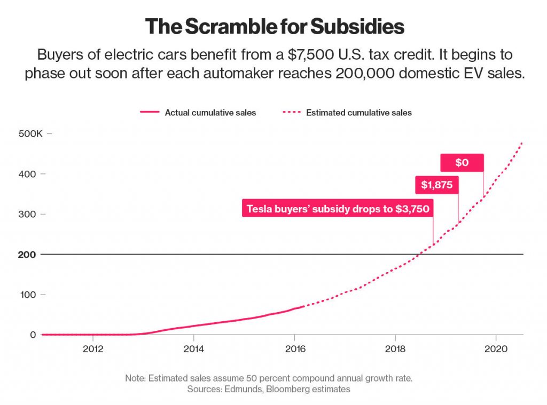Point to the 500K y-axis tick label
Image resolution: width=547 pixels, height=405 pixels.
pos(30,133)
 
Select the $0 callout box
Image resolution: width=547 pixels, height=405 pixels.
pos(462,163)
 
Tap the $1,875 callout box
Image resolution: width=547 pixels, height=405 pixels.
pos(437,185)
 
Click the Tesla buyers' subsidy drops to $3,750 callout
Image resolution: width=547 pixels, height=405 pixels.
pos(338,209)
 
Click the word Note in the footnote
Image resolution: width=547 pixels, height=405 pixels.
pos(136,378)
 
